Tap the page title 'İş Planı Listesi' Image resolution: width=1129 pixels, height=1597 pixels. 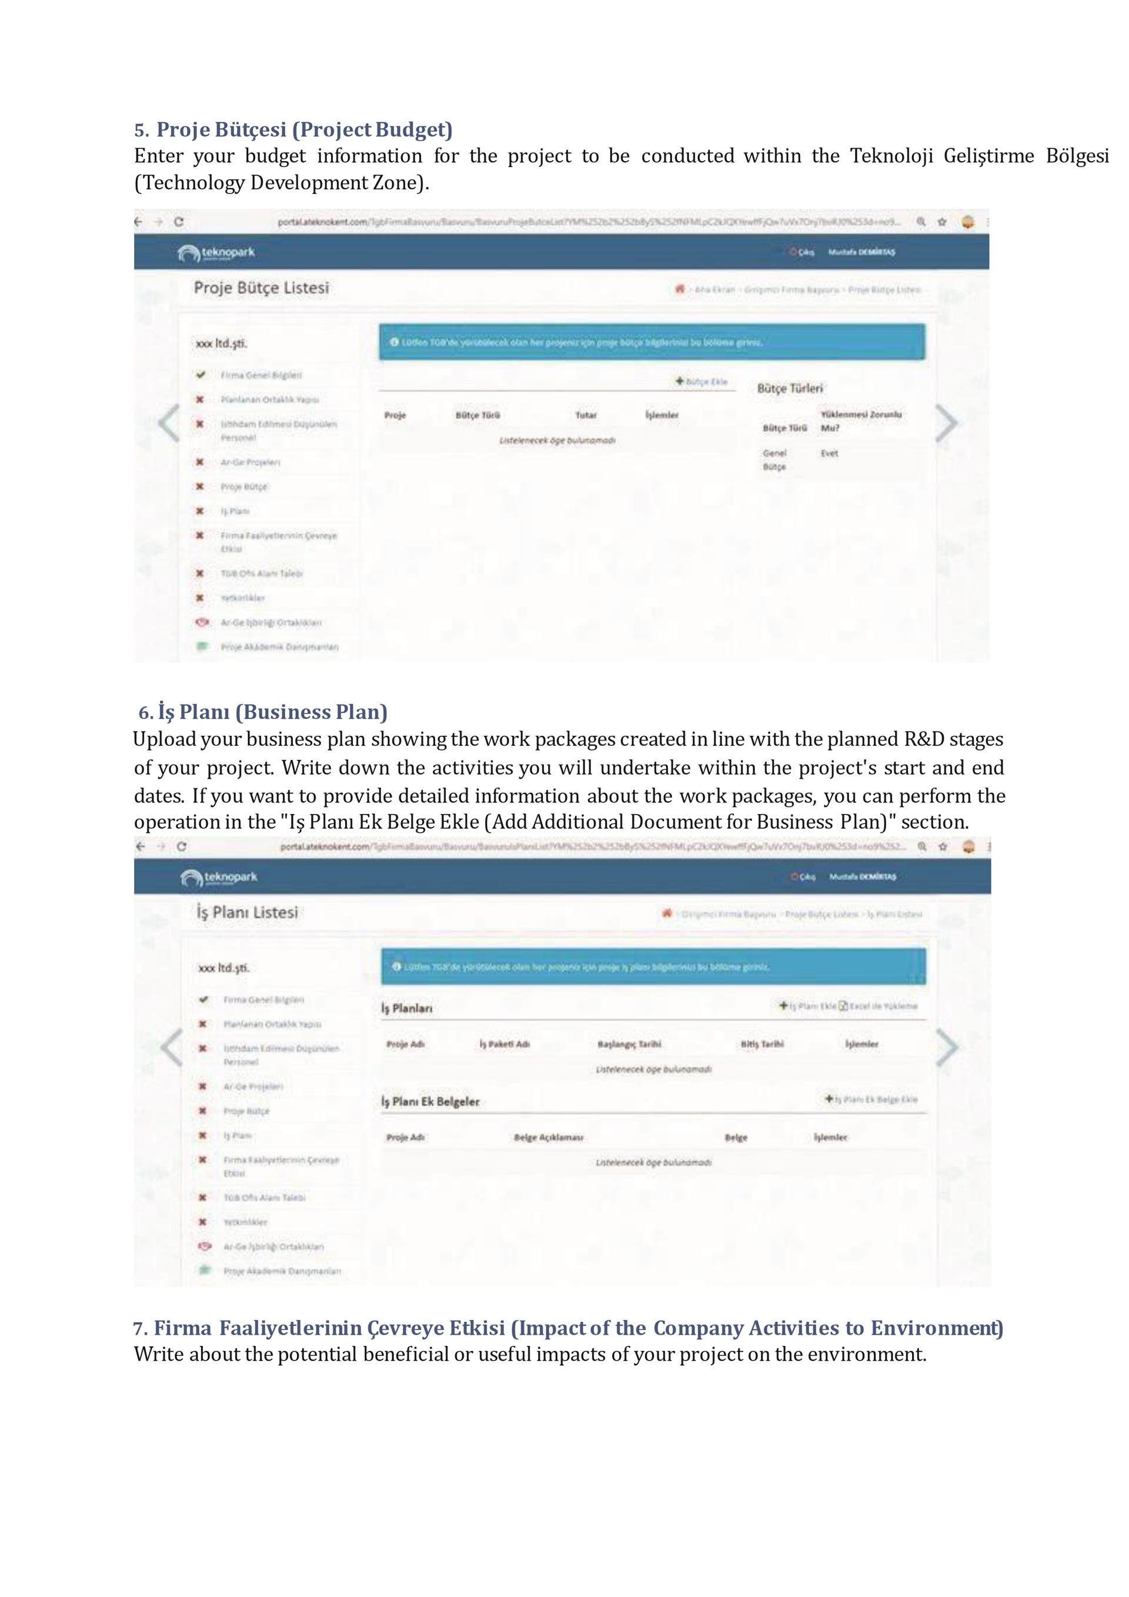pyautogui.click(x=248, y=912)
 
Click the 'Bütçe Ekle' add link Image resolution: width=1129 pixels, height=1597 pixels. pyautogui.click(x=702, y=381)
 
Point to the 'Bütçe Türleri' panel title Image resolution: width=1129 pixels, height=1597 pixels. pyautogui.click(x=789, y=388)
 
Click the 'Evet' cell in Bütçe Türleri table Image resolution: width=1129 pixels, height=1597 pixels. pyautogui.click(x=829, y=454)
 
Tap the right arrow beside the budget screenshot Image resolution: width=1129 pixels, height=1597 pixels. pyautogui.click(x=946, y=423)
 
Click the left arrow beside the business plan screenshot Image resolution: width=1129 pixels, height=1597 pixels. pyautogui.click(x=171, y=1048)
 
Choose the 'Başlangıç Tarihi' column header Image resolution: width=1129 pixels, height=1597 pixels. pyautogui.click(x=629, y=1044)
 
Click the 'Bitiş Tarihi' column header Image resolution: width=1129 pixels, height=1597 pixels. pyautogui.click(x=761, y=1044)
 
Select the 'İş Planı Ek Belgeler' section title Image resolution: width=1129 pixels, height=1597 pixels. pyautogui.click(x=430, y=1102)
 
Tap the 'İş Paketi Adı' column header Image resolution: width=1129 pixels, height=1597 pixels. pyautogui.click(x=504, y=1044)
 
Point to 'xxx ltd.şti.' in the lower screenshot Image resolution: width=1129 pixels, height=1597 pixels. pyautogui.click(x=223, y=968)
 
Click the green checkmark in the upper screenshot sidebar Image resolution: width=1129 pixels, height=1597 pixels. pyautogui.click(x=200, y=375)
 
